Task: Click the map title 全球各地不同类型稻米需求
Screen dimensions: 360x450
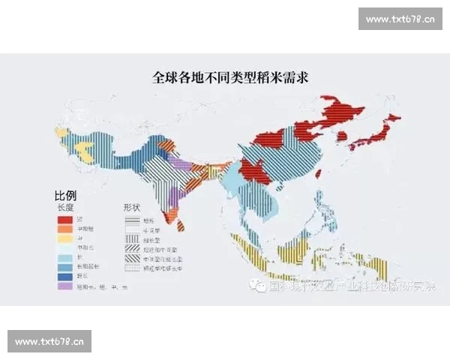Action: pyautogui.click(x=225, y=76)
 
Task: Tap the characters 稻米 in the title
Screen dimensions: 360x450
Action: pyautogui.click(x=266, y=76)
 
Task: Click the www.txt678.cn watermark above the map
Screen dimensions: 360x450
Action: pyautogui.click(x=400, y=19)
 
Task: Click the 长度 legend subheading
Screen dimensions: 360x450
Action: pyautogui.click(x=66, y=205)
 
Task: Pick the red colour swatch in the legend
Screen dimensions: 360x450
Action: pyautogui.click(x=65, y=218)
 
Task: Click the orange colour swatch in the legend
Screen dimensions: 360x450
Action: pyautogui.click(x=65, y=228)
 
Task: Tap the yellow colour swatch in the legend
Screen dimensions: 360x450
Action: pyautogui.click(x=65, y=238)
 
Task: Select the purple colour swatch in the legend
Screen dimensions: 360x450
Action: pyautogui.click(x=65, y=286)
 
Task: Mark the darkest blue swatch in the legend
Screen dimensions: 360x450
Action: pyautogui.click(x=65, y=276)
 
